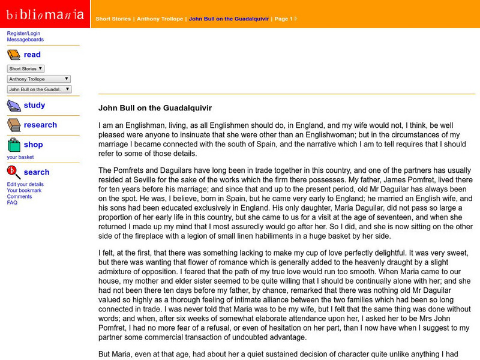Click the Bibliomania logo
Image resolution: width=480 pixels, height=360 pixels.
tap(45, 14)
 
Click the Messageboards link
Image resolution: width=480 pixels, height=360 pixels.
tap(25, 40)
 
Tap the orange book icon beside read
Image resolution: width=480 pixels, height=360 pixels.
tap(14, 55)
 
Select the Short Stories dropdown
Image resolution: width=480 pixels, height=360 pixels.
tap(26, 69)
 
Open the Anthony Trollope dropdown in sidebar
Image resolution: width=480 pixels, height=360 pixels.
tap(39, 79)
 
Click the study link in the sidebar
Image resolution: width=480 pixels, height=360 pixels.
tap(34, 105)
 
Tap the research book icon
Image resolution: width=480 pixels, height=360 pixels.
tap(14, 125)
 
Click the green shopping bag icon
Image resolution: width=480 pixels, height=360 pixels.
tap(14, 145)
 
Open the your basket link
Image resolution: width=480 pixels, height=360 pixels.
tap(20, 157)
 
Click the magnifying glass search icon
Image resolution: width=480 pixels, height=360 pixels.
tap(14, 173)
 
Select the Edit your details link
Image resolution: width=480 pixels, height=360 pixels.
tap(25, 184)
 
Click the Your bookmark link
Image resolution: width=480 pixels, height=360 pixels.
tap(24, 190)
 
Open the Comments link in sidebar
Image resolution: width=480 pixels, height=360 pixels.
tap(19, 196)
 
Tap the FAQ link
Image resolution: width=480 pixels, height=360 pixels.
tap(12, 203)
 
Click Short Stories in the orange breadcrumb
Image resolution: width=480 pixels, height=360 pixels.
tap(113, 19)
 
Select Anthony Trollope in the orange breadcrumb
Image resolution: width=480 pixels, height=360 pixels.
tap(160, 19)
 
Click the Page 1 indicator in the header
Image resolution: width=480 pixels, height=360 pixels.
tap(285, 19)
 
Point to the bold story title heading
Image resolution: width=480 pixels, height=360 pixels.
tap(155, 109)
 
